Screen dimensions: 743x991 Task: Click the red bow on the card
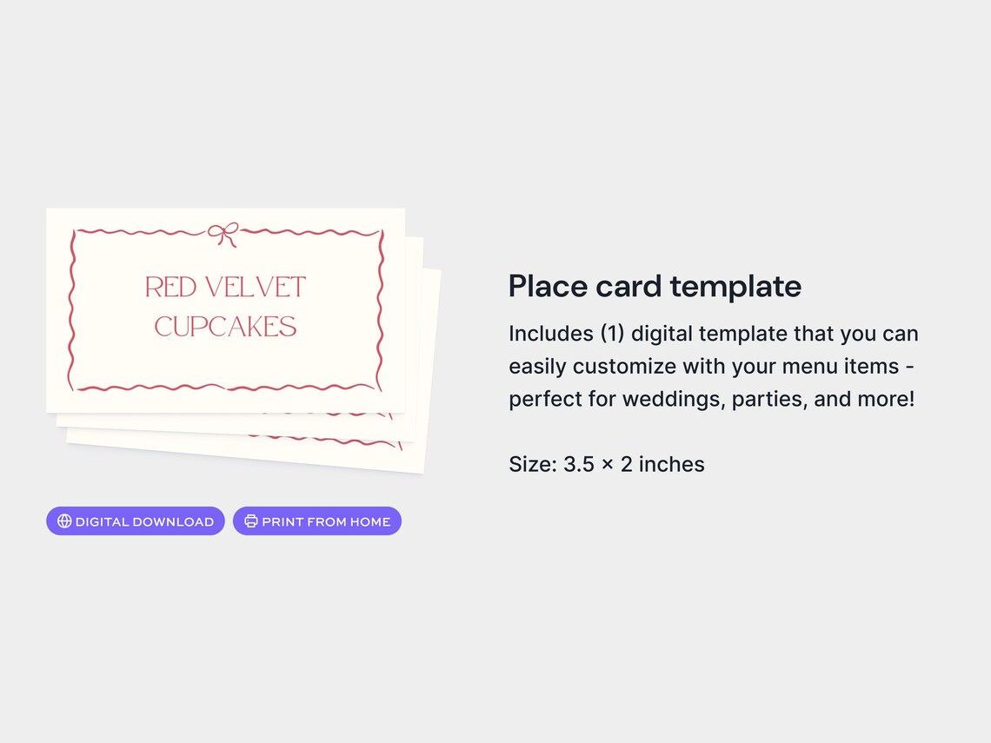click(223, 234)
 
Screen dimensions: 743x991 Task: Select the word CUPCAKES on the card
click(225, 327)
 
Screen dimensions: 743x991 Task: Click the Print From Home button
click(317, 521)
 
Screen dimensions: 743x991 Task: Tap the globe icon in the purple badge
click(64, 521)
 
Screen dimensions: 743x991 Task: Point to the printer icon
click(251, 521)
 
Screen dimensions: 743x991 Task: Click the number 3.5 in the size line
click(579, 464)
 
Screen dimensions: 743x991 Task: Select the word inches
click(671, 464)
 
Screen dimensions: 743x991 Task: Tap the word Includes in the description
click(549, 334)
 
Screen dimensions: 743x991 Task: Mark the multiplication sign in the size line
click(608, 465)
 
